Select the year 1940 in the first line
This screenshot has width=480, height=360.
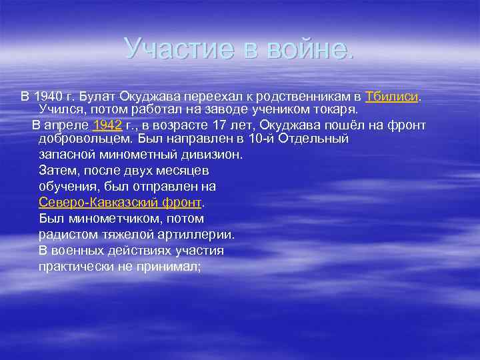[47, 96]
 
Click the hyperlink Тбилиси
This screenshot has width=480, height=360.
[392, 96]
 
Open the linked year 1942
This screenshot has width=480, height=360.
[107, 125]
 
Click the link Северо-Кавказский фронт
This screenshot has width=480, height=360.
[120, 203]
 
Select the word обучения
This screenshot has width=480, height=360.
[66, 187]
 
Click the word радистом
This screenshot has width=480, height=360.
[66, 235]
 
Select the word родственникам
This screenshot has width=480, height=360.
[305, 96]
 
